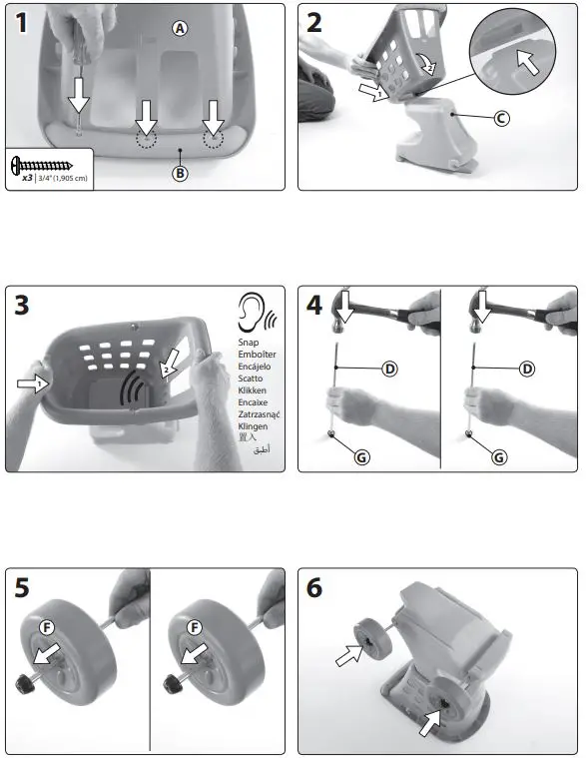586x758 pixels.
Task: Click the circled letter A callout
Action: pos(180,28)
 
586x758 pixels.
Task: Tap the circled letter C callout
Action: pos(501,118)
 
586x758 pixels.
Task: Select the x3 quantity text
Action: pos(28,180)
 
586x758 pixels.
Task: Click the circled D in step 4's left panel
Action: pos(390,369)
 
